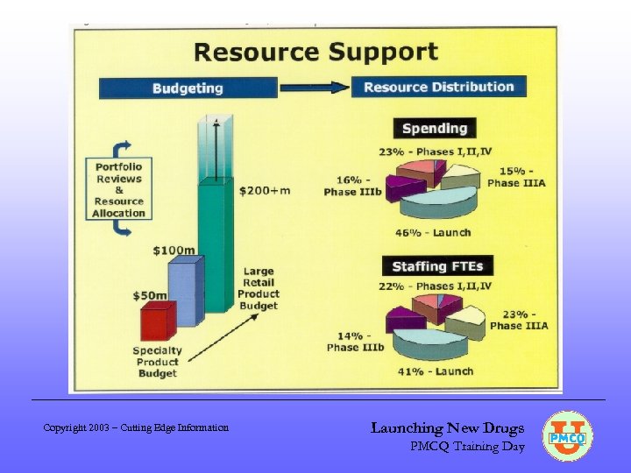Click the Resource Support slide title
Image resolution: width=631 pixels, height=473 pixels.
315,52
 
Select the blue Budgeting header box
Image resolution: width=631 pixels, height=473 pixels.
188,88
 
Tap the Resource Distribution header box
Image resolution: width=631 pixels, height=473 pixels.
438,87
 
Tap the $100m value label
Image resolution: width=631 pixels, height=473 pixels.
174,251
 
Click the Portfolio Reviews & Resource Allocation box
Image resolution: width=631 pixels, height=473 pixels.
118,189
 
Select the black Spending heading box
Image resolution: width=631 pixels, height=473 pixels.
434,129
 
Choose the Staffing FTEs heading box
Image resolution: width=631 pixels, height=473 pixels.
436,266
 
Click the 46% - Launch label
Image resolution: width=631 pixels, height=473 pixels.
432,233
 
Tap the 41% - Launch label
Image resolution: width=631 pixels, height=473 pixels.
436,371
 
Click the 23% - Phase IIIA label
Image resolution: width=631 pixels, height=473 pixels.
519,320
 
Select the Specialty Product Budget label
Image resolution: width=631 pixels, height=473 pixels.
158,362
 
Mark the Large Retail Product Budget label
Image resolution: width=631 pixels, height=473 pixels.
259,289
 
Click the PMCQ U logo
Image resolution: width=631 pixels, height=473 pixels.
567,435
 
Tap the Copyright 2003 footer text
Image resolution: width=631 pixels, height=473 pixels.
136,427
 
